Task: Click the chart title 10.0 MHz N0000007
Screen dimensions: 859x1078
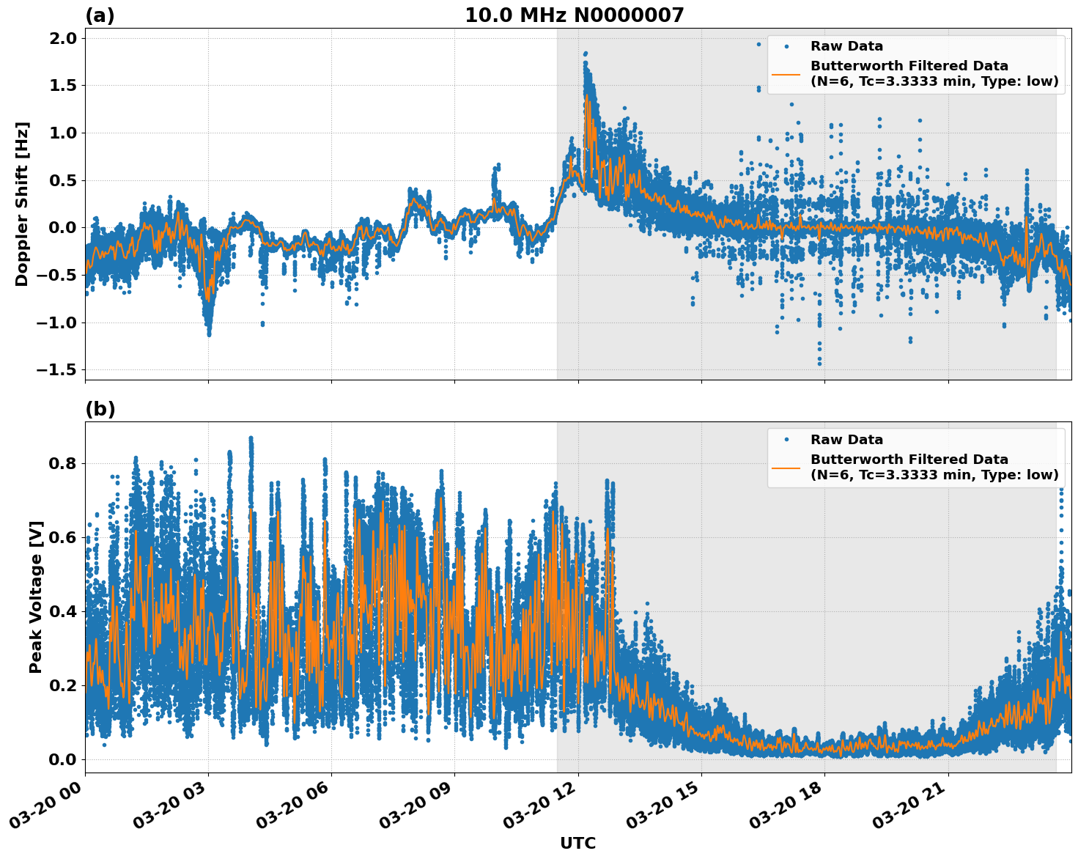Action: click(x=574, y=15)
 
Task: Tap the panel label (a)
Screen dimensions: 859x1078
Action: click(x=100, y=15)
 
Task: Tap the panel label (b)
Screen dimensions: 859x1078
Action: click(x=100, y=409)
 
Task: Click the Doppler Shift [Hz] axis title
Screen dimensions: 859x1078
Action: click(x=23, y=204)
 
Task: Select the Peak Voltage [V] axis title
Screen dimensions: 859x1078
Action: click(x=36, y=597)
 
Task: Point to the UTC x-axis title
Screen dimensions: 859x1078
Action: click(x=577, y=843)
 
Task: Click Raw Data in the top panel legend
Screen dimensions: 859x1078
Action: click(x=846, y=46)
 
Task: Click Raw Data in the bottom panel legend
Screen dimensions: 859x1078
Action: click(x=846, y=440)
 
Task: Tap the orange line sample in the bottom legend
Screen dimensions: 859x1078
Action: click(x=786, y=467)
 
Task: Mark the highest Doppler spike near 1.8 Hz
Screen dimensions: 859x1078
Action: click(x=585, y=54)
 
